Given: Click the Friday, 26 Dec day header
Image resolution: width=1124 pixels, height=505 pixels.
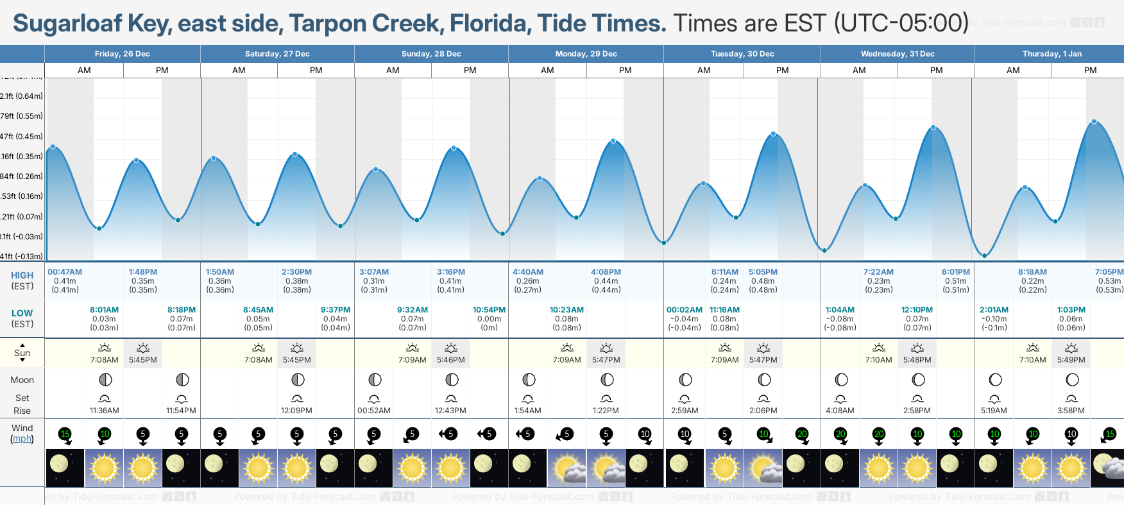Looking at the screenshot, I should point(122,54).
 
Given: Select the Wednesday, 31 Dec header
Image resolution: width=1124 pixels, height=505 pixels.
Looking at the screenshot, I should point(897,54).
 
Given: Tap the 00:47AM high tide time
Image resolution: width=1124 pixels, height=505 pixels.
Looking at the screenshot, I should point(65,272).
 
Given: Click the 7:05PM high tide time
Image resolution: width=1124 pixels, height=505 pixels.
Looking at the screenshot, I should point(1109,272).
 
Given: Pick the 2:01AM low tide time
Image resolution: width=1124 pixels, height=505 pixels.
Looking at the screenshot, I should point(994,310).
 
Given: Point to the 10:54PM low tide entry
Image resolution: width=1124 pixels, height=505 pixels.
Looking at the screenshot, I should point(489,310).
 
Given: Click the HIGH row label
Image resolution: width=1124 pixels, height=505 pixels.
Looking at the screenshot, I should point(22,275).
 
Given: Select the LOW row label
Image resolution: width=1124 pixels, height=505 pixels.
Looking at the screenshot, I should point(22,313).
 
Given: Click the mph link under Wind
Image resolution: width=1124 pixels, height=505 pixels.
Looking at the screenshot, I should point(22,439).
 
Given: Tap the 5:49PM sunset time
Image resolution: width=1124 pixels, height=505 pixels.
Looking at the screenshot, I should point(1071,360).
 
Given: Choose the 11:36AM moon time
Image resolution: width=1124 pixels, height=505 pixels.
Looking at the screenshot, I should point(104,411).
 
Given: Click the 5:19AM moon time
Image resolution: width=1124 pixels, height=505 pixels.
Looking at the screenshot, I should point(994,411).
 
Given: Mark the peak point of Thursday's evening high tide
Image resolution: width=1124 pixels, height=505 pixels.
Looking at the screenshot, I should point(1094,122).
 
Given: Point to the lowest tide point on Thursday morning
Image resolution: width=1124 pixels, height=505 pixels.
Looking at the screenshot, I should point(985,255).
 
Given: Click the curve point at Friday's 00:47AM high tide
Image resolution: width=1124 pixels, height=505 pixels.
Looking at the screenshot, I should point(53,147).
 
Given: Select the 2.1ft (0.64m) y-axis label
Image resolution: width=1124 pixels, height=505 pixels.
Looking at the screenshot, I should point(21,96).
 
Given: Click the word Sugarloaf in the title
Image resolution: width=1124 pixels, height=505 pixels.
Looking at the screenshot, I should point(67,24).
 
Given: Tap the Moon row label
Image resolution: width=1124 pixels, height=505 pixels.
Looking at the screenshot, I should point(22,380).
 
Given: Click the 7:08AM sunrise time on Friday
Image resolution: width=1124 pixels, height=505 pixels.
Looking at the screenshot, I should point(104,360).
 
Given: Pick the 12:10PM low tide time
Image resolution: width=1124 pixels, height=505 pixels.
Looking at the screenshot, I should point(917,310).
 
